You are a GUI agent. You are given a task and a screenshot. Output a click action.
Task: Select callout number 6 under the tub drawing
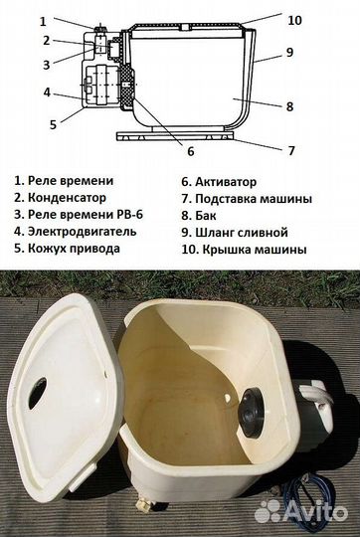tap(190, 151)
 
